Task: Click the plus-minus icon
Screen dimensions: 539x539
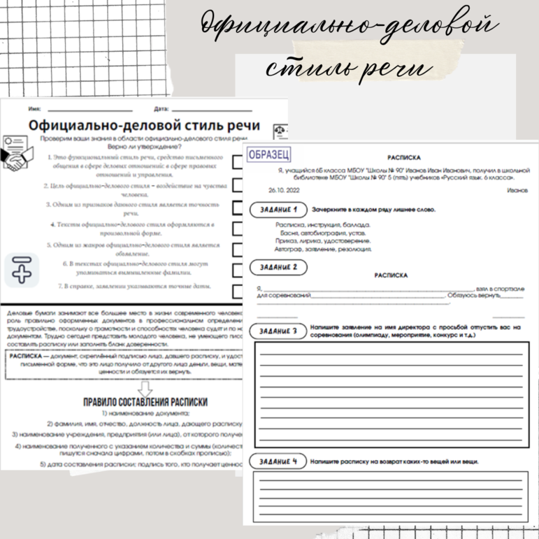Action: (22, 270)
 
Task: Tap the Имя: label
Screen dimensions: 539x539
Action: (34, 109)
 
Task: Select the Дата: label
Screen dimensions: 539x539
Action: (161, 109)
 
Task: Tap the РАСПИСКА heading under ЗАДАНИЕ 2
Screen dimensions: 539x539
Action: (391, 275)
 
